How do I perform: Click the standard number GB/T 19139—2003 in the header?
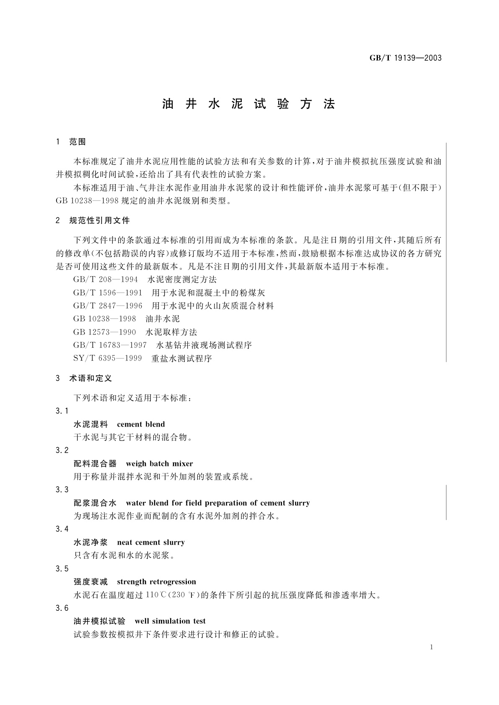point(405,58)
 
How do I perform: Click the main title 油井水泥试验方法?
point(249,104)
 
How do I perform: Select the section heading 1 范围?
point(71,142)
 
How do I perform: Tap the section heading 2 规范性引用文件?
point(93,220)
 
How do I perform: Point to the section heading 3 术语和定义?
point(84,378)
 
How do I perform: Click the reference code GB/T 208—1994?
point(106,279)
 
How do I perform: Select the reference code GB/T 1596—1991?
point(108,293)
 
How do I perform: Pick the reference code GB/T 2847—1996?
point(108,306)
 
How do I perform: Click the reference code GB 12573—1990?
point(105,332)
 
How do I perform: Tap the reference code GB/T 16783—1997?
point(110,345)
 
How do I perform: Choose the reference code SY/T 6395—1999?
point(107,358)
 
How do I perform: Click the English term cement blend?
point(141,424)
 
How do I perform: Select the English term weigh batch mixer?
point(159,463)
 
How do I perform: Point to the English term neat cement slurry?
point(151,542)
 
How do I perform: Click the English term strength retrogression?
point(156,581)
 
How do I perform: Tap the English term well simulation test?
point(170,621)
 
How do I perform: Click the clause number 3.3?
point(62,490)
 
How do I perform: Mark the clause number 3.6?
point(62,608)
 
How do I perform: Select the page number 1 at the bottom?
point(431,647)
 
